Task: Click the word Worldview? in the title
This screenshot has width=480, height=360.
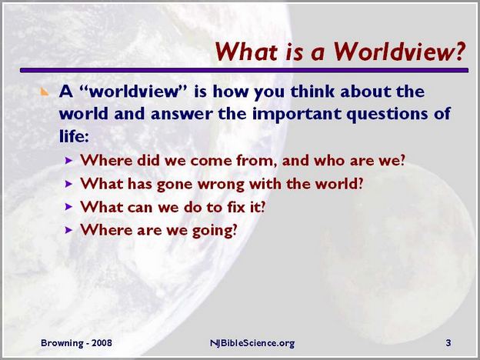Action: click(400, 51)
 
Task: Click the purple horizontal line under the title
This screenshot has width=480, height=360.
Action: click(244, 70)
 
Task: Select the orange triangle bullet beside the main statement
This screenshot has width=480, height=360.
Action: click(45, 92)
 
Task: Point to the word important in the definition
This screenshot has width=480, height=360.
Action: click(296, 114)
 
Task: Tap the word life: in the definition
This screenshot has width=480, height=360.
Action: click(74, 136)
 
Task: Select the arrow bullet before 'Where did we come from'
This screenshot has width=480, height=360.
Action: click(69, 161)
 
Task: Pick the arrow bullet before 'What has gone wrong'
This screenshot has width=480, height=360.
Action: click(69, 184)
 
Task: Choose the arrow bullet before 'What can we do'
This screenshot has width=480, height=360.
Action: click(69, 207)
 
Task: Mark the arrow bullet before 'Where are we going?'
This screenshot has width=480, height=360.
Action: click(69, 230)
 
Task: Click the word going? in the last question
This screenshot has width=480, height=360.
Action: click(215, 231)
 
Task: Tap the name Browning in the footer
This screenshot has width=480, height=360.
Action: click(62, 343)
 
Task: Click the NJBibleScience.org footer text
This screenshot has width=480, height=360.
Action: click(252, 343)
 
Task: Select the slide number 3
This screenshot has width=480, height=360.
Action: click(448, 343)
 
